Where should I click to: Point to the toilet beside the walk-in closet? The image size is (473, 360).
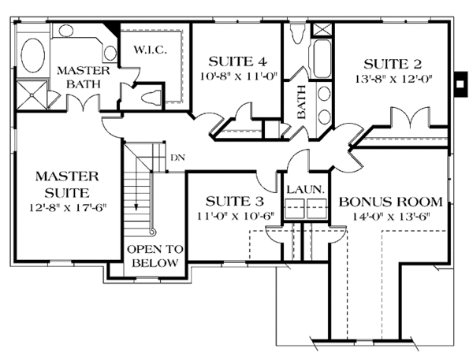(150, 95)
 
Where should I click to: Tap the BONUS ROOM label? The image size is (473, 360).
(384, 201)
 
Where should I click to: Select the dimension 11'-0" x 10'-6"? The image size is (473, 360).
(233, 216)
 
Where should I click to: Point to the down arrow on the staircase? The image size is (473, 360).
(137, 206)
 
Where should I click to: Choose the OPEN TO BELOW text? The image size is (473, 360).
(155, 256)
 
